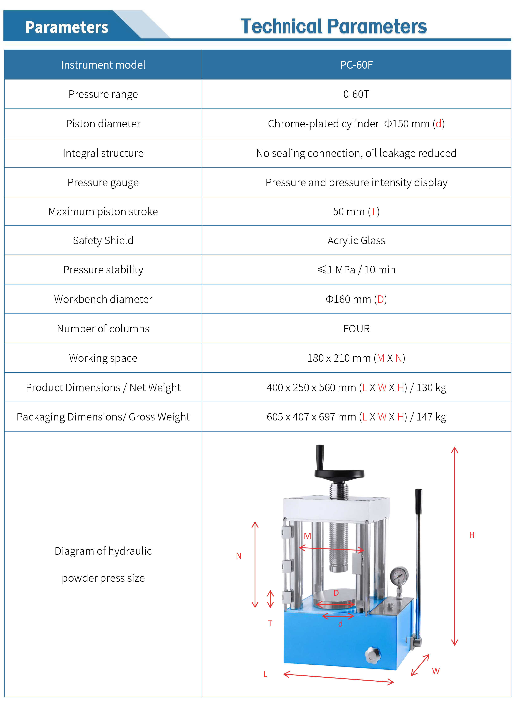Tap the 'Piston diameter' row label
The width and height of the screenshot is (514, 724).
tap(103, 124)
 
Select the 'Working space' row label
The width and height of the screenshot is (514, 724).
tap(103, 358)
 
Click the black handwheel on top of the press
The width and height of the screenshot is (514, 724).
tap(339, 473)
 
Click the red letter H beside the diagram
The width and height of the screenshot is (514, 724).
tap(472, 535)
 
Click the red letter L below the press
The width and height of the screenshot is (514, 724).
tap(266, 675)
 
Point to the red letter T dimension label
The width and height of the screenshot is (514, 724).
tap(270, 623)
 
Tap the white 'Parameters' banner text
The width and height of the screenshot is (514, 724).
tap(67, 27)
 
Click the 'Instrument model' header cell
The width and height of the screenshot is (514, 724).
tap(103, 65)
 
